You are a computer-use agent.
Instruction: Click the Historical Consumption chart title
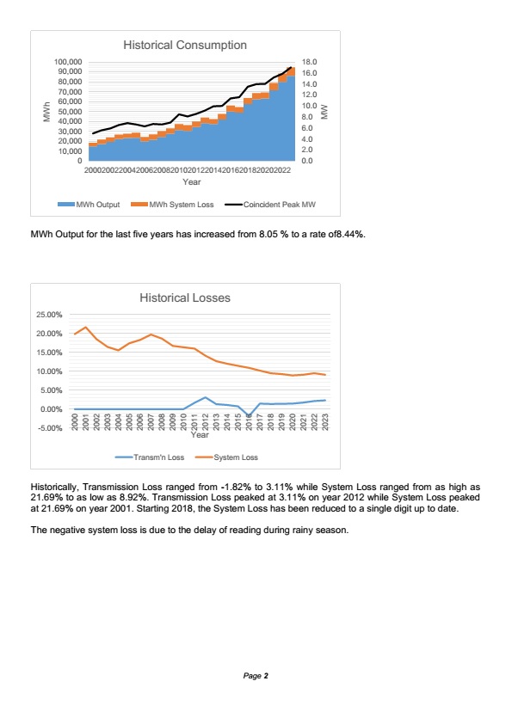coord(185,45)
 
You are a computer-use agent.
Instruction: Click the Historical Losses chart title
coord(185,298)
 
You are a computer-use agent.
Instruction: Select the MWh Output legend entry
coord(89,205)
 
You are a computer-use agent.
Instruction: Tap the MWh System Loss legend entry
coord(172,205)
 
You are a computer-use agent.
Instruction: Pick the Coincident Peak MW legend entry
coord(270,205)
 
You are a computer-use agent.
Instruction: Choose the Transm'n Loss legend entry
coord(150,457)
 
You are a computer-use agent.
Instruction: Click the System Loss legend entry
coord(226,457)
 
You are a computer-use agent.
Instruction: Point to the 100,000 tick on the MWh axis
coord(68,62)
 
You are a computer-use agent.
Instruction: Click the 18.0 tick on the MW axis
coord(309,62)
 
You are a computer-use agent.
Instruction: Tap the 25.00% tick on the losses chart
coord(49,315)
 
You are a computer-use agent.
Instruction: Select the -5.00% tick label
coord(49,428)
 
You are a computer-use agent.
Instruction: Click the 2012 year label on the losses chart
coord(205,422)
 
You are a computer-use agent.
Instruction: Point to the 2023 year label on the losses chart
coord(325,422)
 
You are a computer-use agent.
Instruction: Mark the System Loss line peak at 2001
coord(85,328)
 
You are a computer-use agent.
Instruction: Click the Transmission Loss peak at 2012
coord(205,397)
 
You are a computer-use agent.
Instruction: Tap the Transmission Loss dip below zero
coord(249,416)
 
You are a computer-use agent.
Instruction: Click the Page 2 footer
coord(256,676)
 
